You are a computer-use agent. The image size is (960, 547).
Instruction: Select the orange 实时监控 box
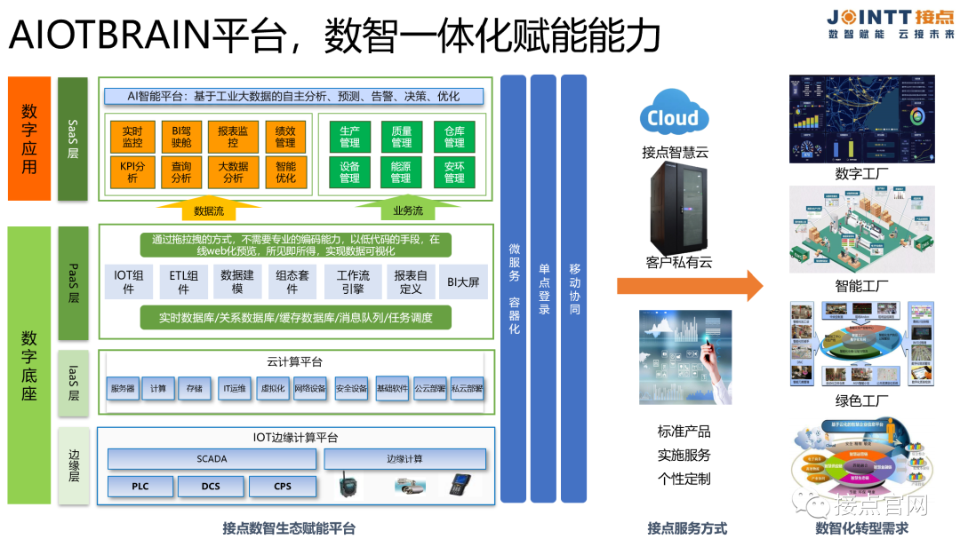[x=132, y=136]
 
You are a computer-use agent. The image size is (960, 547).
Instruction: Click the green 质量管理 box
[x=401, y=136]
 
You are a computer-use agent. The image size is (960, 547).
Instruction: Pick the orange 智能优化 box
[x=285, y=171]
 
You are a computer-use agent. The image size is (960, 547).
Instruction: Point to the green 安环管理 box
[x=454, y=171]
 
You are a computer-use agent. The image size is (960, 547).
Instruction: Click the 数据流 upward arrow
[x=209, y=207]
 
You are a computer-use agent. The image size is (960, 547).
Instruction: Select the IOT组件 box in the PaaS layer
[x=128, y=281]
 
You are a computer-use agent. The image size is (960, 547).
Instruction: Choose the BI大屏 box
[x=463, y=281]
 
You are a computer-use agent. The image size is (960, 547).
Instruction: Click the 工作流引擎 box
[x=353, y=281]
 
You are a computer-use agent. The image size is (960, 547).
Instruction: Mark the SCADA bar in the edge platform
[x=212, y=459]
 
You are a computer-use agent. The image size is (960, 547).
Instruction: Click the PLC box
[x=140, y=487]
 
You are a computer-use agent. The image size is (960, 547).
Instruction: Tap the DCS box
[x=211, y=487]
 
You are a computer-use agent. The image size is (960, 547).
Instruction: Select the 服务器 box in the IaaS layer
[x=123, y=388]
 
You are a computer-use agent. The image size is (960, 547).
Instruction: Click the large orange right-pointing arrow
[x=690, y=285]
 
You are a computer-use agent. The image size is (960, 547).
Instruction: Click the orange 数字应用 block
[x=29, y=138]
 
